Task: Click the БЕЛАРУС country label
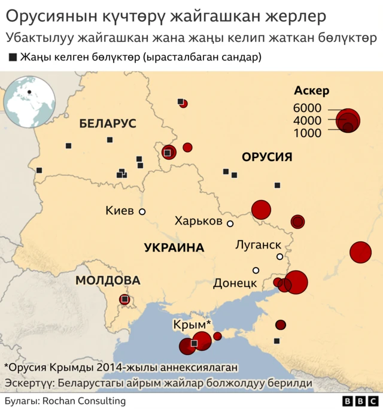coord(108,124)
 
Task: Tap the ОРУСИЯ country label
coord(267,157)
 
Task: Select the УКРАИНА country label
coord(174,248)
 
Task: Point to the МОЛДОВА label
coord(108,281)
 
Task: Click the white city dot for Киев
coord(142,211)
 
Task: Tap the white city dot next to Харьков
coord(230,223)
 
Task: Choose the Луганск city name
coord(259,244)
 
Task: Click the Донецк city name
coord(235,283)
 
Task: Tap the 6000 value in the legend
coord(307,108)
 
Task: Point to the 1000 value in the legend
coord(307,133)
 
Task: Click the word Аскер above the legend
coord(312,90)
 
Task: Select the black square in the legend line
coord(13,57)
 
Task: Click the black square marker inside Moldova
coord(124,299)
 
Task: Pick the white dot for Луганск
coord(279,257)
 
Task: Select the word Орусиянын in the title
coord(42,16)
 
